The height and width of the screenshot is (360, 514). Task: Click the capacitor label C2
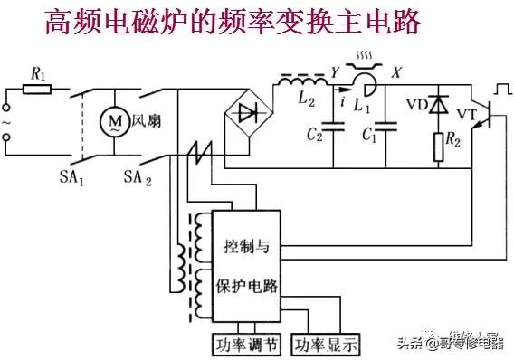tap(315, 137)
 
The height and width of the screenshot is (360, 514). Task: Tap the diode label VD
tap(416, 103)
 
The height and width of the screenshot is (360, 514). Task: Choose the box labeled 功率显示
tap(323, 344)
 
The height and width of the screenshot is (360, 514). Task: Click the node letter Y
tap(335, 71)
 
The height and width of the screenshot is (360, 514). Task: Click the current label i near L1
tap(344, 102)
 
